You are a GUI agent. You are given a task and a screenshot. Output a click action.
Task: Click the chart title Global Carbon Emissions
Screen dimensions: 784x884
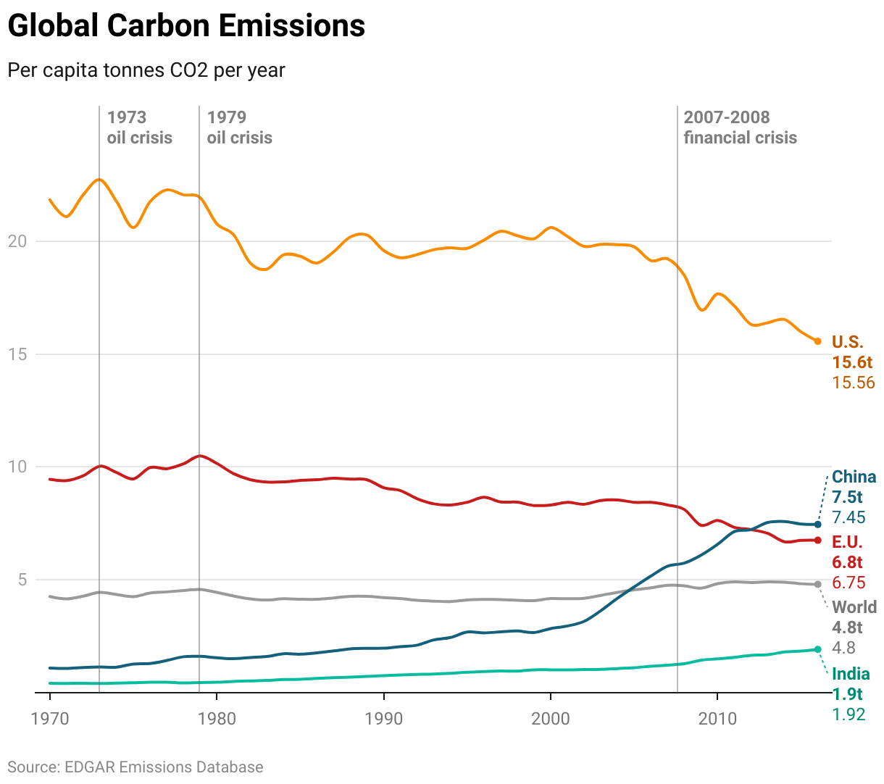click(x=186, y=26)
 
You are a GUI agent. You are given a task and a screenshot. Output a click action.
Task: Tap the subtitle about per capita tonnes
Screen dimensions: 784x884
click(x=146, y=70)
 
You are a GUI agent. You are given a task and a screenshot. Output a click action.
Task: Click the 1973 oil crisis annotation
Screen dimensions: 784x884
click(x=139, y=128)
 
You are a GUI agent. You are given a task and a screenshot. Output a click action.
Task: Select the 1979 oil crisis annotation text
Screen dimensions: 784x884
click(x=239, y=128)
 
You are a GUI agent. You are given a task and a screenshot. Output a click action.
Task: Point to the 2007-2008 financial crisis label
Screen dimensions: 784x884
click(x=740, y=128)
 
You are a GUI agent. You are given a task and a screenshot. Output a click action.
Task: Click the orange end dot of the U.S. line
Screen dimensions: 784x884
click(x=818, y=341)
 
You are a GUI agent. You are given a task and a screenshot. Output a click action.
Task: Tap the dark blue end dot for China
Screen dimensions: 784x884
click(x=818, y=525)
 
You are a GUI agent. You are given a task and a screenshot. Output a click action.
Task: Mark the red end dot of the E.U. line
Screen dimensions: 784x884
click(x=818, y=541)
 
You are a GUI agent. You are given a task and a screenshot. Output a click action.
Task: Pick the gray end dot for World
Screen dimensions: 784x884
click(x=818, y=584)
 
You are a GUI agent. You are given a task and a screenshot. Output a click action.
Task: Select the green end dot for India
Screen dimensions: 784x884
click(x=818, y=649)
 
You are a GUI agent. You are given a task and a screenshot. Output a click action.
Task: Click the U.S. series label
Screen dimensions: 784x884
click(x=847, y=342)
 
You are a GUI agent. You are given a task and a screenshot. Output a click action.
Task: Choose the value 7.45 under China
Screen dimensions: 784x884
click(x=848, y=517)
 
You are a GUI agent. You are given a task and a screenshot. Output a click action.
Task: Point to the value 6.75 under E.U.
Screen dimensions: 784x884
click(x=848, y=583)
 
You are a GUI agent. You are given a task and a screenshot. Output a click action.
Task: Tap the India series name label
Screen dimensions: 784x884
click(x=851, y=674)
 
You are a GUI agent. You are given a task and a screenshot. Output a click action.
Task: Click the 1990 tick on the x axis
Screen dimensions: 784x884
click(x=384, y=719)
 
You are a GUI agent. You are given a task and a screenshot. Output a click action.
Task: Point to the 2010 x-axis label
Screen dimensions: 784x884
click(x=717, y=719)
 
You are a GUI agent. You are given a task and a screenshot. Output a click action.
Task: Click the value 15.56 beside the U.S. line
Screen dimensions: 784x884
click(x=854, y=383)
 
